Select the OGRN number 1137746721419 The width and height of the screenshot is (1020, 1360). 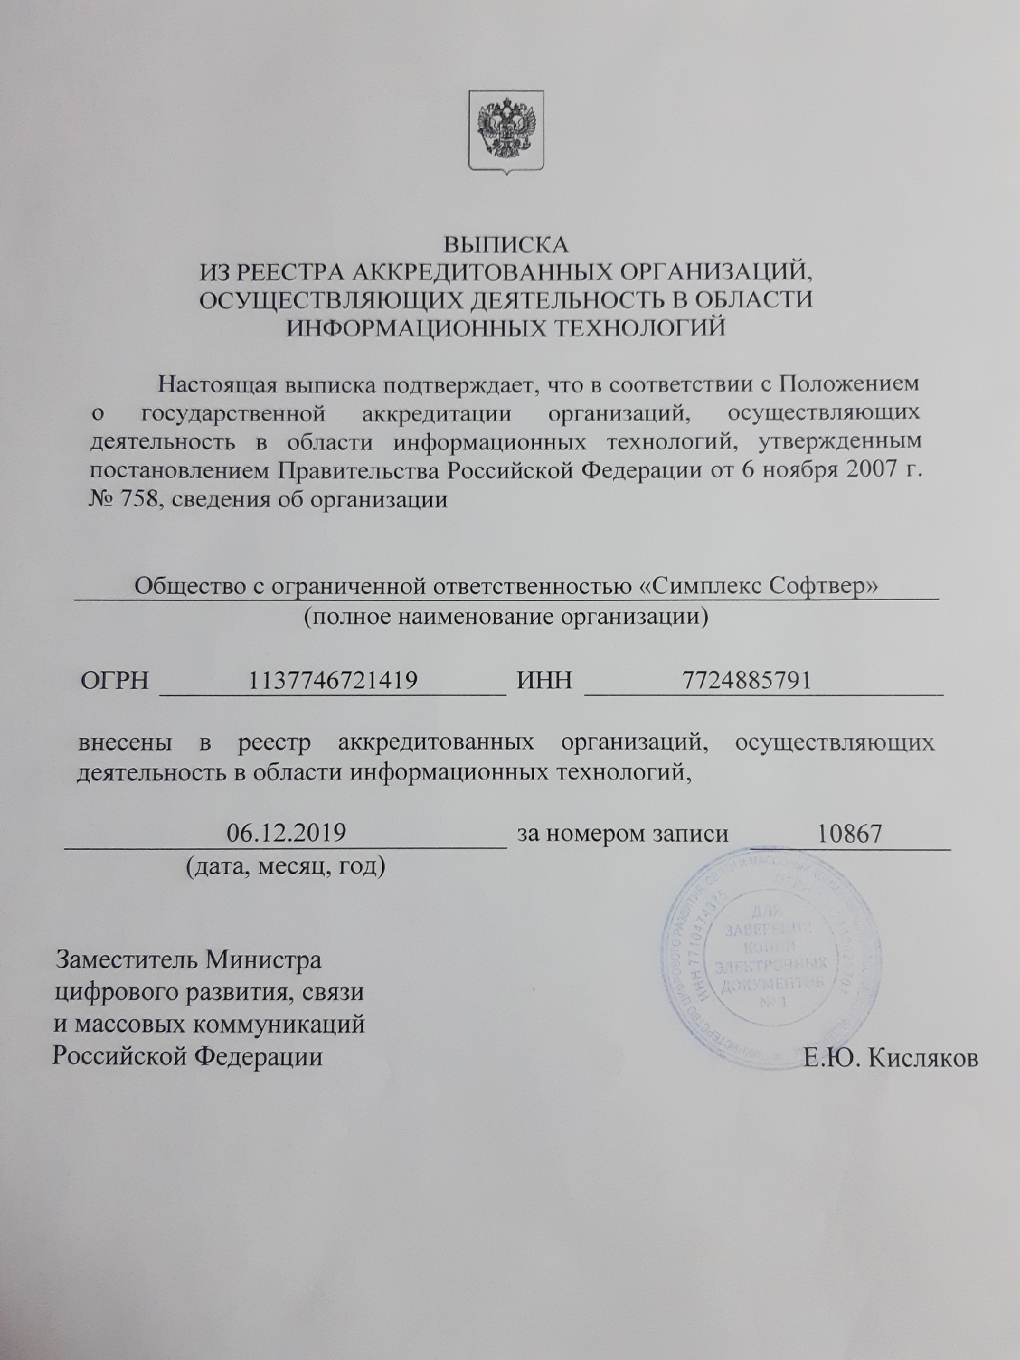[333, 680]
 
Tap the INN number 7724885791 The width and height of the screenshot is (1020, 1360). [747, 680]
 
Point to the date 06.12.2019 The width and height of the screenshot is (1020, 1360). [286, 834]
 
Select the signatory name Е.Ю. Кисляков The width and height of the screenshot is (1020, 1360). [892, 1058]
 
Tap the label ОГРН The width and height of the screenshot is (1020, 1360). [115, 681]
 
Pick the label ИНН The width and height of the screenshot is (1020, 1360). [544, 681]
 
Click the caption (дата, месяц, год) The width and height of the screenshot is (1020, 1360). [285, 867]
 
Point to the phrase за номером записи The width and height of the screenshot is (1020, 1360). [623, 834]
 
